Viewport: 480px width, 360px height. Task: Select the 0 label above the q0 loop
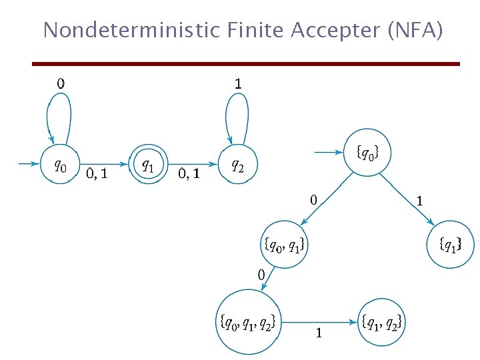(x=61, y=83)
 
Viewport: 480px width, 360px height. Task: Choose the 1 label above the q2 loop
(x=238, y=83)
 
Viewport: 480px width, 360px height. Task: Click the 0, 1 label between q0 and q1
(x=98, y=174)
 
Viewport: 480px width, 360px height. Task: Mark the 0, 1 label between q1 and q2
(x=189, y=174)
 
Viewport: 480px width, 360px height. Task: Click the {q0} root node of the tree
(x=366, y=153)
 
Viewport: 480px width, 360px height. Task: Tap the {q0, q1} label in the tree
(x=285, y=245)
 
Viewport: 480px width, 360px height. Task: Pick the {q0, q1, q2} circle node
(x=247, y=323)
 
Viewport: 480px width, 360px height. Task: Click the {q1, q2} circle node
(x=381, y=323)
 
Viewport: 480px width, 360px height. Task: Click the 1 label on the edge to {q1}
(x=420, y=199)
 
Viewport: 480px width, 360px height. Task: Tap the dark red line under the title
(x=247, y=64)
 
